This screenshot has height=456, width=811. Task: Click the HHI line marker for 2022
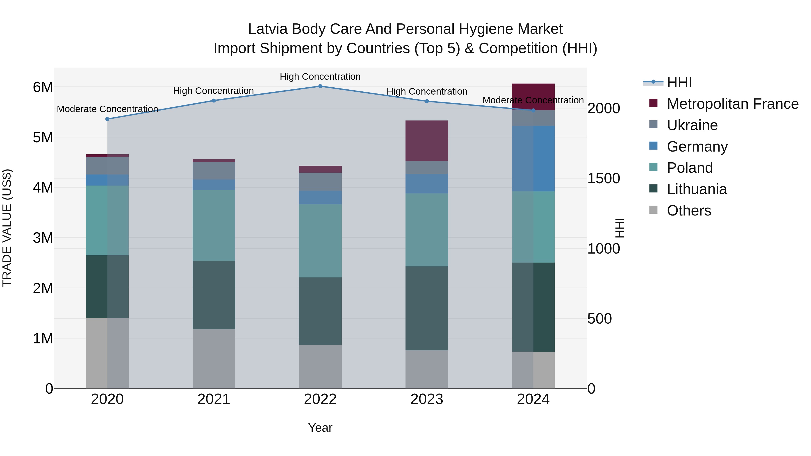click(320, 86)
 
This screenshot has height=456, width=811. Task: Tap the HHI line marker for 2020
click(107, 119)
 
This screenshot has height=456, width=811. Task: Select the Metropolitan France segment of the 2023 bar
click(427, 141)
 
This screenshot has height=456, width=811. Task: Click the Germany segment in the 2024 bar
click(533, 159)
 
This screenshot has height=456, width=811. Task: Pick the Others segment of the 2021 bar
click(214, 358)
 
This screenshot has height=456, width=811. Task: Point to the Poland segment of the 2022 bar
click(320, 241)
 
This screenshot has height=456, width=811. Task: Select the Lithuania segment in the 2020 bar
click(107, 286)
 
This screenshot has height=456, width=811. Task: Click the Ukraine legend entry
click(692, 125)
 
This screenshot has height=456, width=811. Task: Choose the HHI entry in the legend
click(679, 82)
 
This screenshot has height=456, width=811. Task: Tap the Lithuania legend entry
click(696, 189)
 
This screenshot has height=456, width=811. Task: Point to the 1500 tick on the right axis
click(604, 178)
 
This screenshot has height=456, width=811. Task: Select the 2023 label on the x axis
click(427, 399)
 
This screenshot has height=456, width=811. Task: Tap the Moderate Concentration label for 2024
click(533, 100)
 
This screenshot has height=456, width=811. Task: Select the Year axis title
click(320, 428)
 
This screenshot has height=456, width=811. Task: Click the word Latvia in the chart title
click(268, 29)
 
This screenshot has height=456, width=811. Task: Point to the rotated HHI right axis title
click(619, 228)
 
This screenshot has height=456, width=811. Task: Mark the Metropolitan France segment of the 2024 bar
click(533, 97)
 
